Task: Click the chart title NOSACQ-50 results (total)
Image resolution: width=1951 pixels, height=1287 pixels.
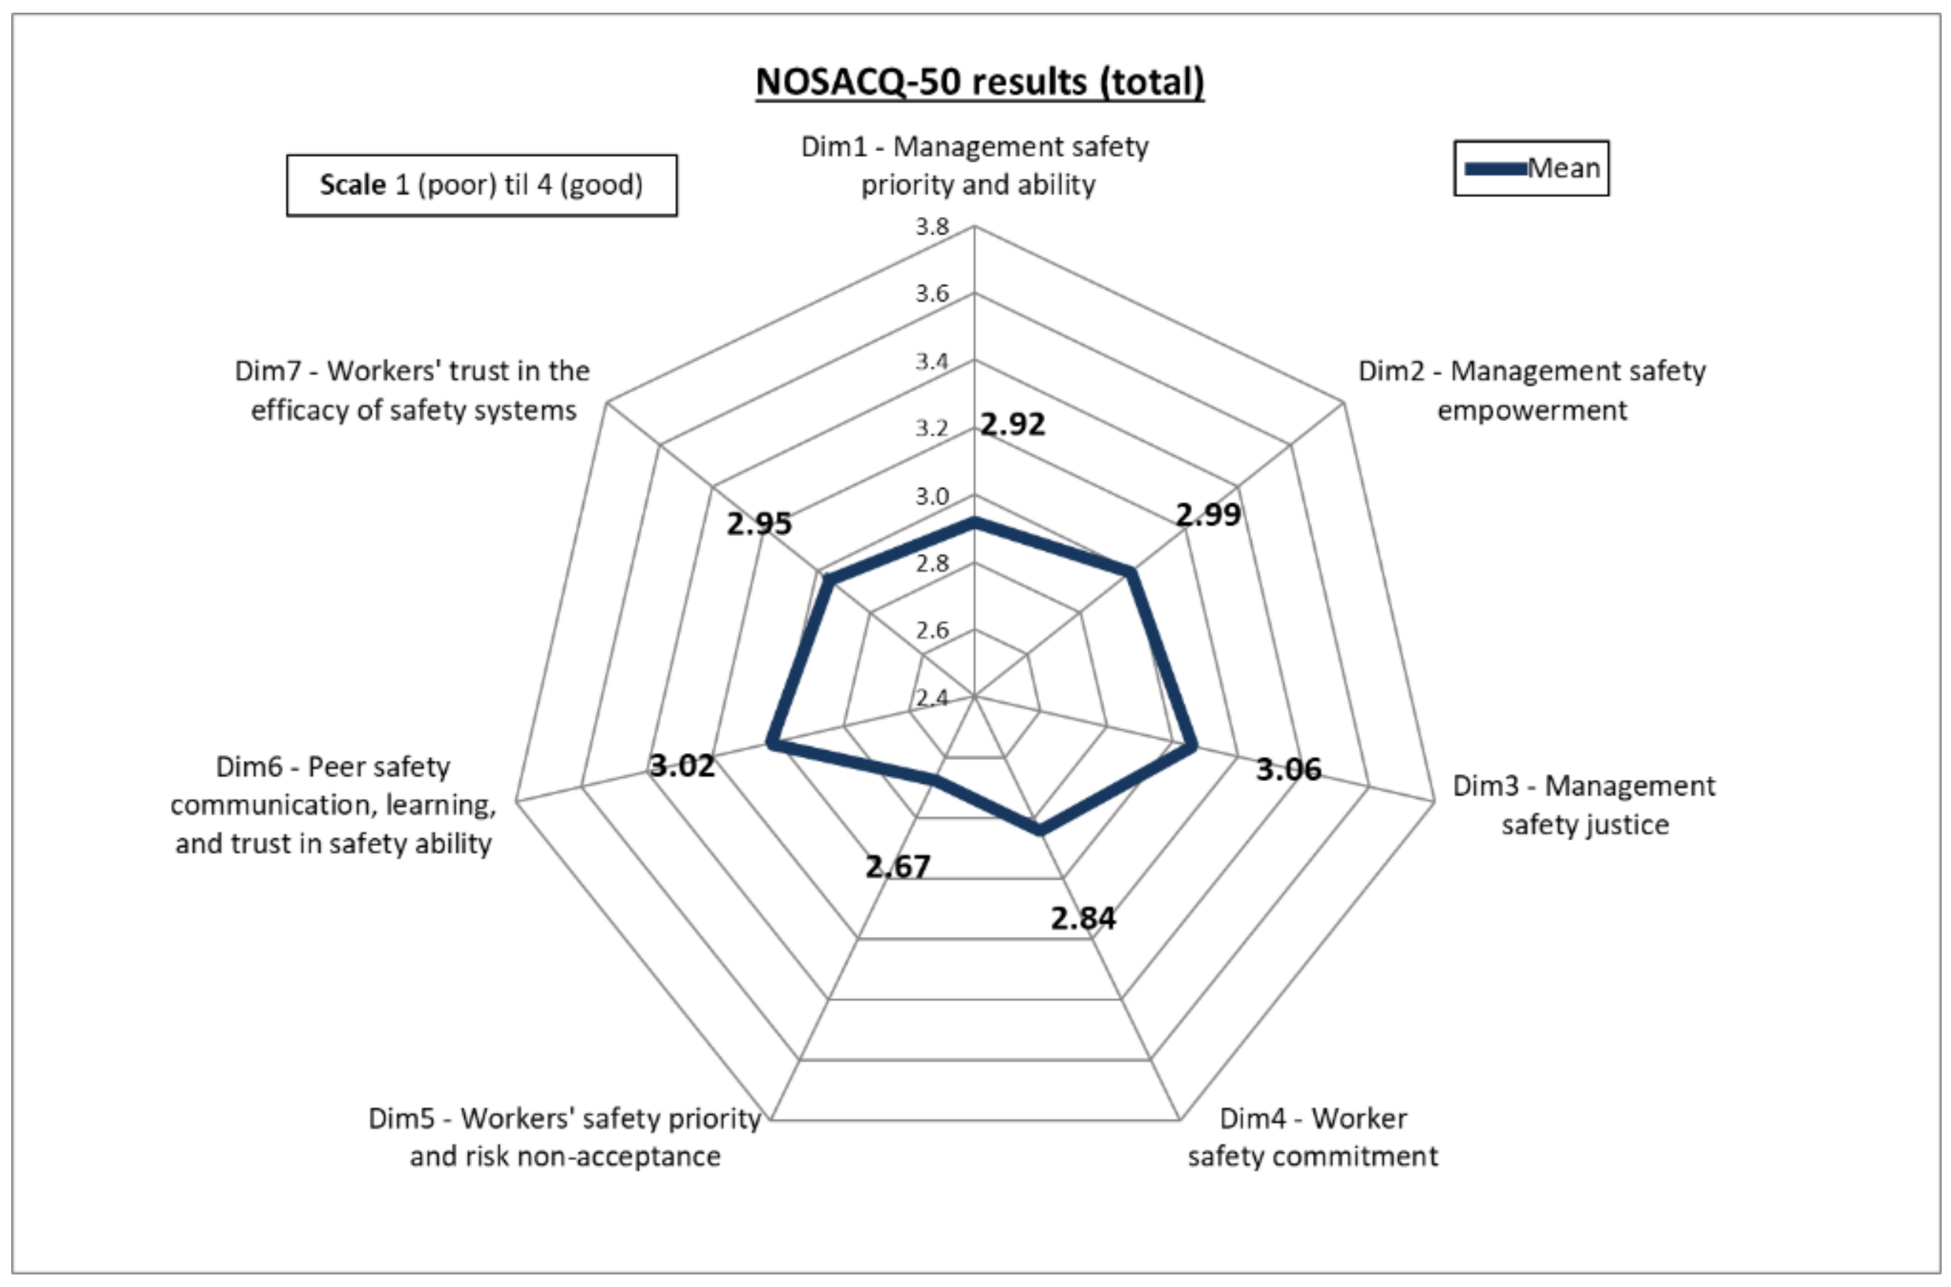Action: click(980, 82)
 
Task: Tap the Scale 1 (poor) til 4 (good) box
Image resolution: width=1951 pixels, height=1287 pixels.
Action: click(482, 185)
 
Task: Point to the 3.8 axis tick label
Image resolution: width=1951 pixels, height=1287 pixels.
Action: click(932, 227)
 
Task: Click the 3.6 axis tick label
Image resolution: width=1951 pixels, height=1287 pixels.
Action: click(932, 294)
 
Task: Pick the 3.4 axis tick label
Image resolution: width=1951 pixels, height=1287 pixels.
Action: click(932, 361)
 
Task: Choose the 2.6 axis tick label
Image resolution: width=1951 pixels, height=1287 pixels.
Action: click(932, 630)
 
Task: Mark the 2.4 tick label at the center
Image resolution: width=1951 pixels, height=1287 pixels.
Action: click(932, 698)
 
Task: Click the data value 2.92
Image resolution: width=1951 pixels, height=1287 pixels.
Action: click(1013, 425)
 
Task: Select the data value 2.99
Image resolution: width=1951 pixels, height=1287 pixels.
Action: click(1208, 514)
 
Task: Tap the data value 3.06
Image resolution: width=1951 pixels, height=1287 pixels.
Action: click(1288, 769)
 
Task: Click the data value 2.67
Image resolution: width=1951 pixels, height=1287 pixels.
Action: click(898, 866)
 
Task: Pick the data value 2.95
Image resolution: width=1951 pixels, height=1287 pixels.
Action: click(759, 523)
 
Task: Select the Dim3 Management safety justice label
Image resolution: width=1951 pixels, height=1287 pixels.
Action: click(1584, 804)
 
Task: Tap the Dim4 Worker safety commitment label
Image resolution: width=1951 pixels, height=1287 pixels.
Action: click(1312, 1137)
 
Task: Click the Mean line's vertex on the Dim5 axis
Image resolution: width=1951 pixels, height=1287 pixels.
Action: click(933, 778)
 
